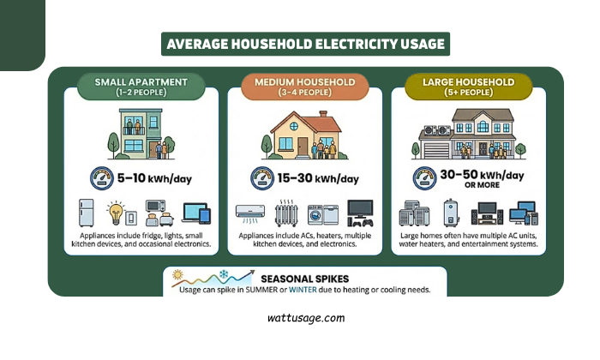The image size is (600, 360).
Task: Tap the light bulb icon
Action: point(115,212)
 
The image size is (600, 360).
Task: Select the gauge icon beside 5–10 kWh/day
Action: point(101,178)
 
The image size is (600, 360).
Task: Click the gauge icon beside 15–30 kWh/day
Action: point(262,178)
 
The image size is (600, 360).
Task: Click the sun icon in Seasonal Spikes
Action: point(178,274)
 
